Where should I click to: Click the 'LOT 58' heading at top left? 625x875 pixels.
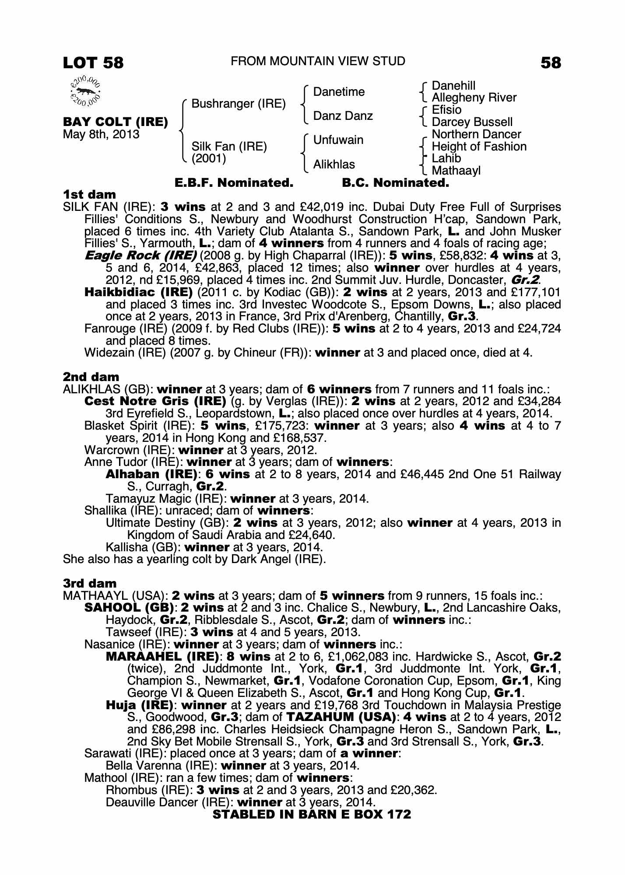[93, 63]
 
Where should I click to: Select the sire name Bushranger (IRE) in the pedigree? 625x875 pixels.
[239, 104]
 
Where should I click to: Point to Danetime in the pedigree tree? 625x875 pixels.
[339, 92]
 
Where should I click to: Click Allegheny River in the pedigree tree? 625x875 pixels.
[474, 98]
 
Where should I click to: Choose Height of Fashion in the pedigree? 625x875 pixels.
[479, 147]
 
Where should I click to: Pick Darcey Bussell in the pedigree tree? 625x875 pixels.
[472, 122]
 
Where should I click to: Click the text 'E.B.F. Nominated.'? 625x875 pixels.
[234, 183]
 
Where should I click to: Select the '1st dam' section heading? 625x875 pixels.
[89, 195]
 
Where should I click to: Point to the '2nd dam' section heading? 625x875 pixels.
[91, 377]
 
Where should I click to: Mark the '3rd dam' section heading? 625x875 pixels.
[90, 583]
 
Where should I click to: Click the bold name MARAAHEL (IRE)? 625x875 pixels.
[162, 656]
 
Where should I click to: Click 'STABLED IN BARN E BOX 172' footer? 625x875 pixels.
[312, 814]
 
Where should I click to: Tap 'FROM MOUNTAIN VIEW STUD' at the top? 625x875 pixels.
[318, 61]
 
